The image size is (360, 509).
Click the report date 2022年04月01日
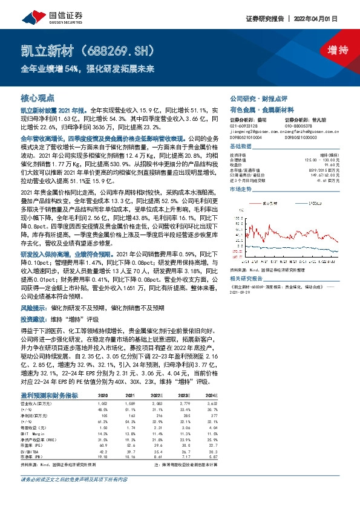coord(327,18)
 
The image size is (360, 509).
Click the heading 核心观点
coord(38,97)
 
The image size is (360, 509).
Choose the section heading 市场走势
coord(242,190)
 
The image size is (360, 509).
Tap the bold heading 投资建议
coord(34,317)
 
